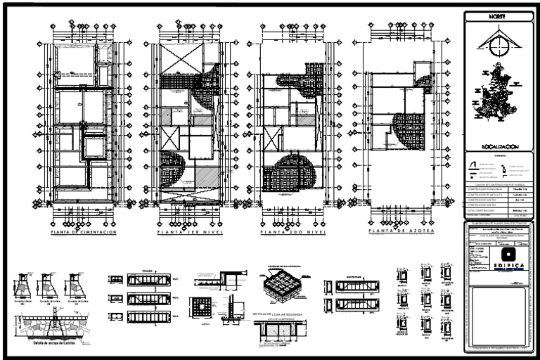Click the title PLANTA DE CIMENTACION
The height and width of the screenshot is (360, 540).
pos(83,232)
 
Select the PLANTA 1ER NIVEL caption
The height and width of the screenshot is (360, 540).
pos(186,232)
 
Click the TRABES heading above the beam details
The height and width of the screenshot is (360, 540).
pos(148,271)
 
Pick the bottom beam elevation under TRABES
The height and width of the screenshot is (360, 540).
pos(149,316)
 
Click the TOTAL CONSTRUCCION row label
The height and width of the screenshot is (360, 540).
pos(483,211)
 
